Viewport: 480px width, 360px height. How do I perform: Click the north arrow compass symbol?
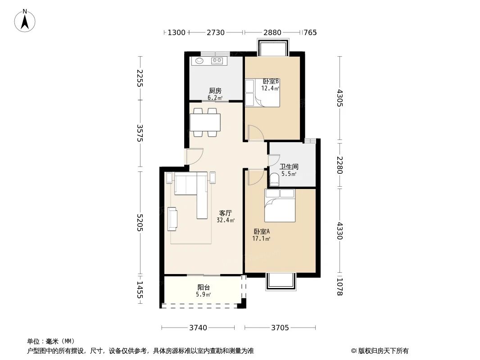(25, 21)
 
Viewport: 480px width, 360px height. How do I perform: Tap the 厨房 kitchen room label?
(215, 91)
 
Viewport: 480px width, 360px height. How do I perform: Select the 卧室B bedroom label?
(271, 81)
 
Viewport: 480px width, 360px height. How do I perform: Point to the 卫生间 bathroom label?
(289, 166)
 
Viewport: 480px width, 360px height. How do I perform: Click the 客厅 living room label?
(226, 213)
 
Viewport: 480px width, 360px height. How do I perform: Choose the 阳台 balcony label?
(204, 288)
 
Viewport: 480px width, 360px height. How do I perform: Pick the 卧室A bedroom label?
(262, 232)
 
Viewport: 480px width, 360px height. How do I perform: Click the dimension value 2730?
(216, 32)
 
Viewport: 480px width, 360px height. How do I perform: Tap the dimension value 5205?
(140, 222)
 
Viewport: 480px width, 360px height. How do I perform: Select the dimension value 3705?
(280, 328)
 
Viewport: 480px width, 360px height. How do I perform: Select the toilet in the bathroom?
(275, 180)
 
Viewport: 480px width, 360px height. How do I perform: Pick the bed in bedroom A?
(280, 206)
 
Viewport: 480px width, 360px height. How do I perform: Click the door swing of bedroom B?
(256, 133)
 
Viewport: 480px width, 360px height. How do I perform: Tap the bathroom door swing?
(274, 161)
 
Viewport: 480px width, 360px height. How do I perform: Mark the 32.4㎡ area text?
(226, 220)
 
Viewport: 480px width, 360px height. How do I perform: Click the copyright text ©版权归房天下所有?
(380, 351)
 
